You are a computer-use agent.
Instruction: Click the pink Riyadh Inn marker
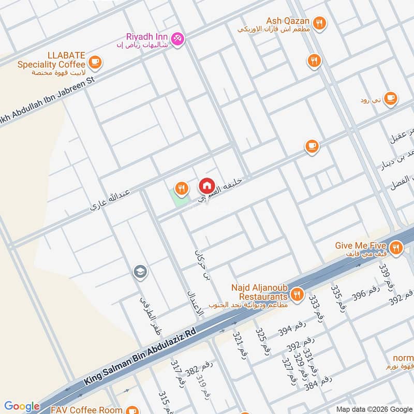[x=178, y=38]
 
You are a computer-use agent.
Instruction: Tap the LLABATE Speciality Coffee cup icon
[x=95, y=63]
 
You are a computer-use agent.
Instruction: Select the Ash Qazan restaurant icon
[x=320, y=23]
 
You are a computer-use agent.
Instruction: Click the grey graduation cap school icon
[x=139, y=272]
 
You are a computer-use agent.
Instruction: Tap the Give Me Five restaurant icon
[x=396, y=247]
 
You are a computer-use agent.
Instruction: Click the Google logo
[x=22, y=406]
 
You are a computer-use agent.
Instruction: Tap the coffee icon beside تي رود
[x=391, y=99]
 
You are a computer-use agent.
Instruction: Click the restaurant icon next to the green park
[x=181, y=188]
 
